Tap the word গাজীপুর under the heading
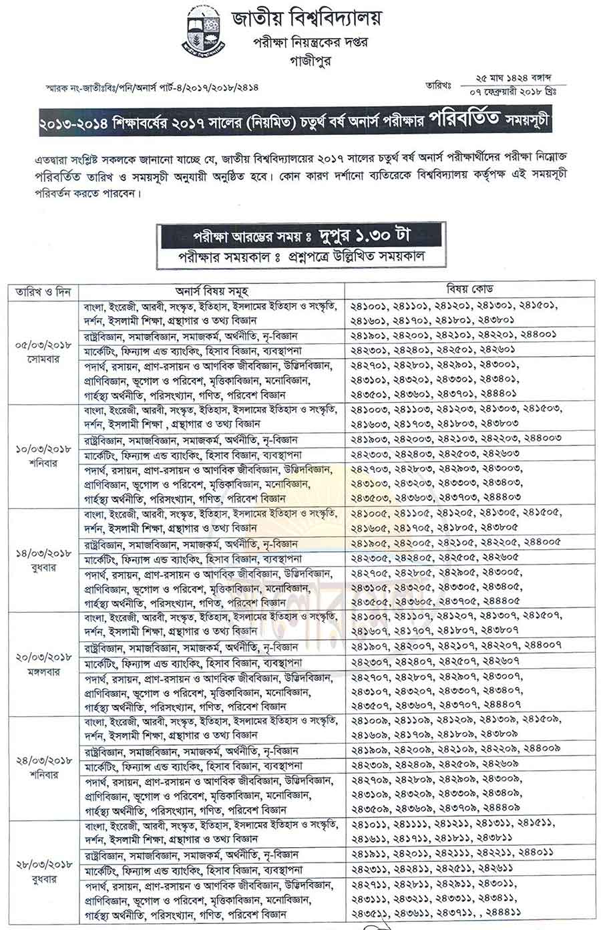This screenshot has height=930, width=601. coord(307,60)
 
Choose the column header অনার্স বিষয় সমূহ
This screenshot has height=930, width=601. coord(212,292)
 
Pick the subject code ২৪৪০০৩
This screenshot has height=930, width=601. coord(541,438)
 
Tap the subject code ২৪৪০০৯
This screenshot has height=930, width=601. coord(541,748)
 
